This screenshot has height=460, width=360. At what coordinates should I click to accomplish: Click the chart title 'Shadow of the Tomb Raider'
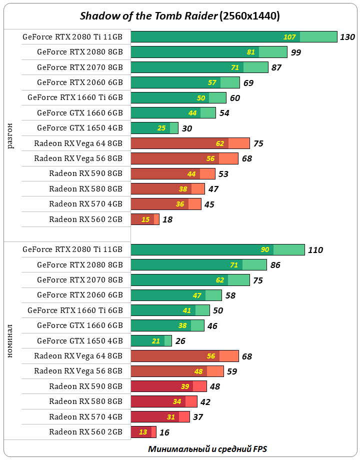[x=148, y=16]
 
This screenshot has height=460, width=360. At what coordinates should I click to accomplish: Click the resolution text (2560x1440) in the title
[x=249, y=16]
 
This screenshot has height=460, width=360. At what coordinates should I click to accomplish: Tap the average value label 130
[x=347, y=37]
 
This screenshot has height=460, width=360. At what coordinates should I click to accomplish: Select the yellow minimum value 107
[x=289, y=37]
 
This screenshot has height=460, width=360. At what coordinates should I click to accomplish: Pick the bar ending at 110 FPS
[x=217, y=249]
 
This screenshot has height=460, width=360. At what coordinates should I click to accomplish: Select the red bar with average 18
[x=144, y=219]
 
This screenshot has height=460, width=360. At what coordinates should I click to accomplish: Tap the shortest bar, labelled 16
[x=143, y=432]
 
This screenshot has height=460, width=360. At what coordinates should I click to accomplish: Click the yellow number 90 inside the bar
[x=265, y=250]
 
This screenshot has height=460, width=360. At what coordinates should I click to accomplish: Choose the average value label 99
[x=296, y=52]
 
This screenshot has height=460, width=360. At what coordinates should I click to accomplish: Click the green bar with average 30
[x=154, y=128]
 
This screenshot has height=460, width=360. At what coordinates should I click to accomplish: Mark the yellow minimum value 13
[x=143, y=432]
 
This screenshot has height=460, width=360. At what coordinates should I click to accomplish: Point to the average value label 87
[x=276, y=67]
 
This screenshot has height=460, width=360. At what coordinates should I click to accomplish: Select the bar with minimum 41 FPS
[x=170, y=310]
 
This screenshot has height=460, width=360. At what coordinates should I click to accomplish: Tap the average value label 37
[x=198, y=417]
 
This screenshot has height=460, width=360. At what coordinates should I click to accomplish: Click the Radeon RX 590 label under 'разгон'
[x=85, y=173]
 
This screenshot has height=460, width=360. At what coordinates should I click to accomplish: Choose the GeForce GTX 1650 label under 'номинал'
[x=79, y=341]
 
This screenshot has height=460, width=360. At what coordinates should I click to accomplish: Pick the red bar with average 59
[x=177, y=371]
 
